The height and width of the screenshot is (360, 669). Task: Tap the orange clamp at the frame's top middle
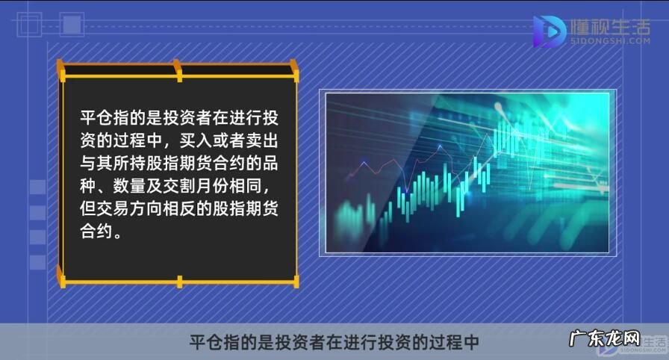coord(178,70)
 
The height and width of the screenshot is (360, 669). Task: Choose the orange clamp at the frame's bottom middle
coord(179,282)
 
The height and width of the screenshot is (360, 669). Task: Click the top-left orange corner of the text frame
coord(63,70)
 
